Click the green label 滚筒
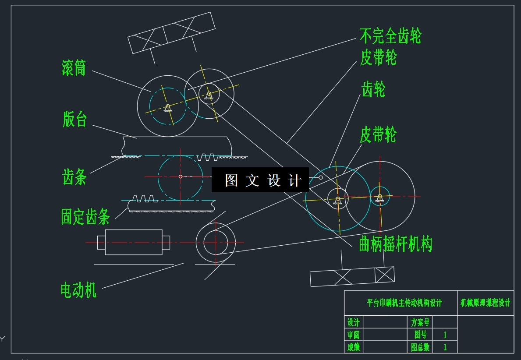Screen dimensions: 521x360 pos(74,68)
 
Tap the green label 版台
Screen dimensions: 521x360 pos(75,119)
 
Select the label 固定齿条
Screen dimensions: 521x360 pos(85,217)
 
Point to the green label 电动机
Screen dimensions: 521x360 pos(78,290)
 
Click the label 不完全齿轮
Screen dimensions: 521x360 pos(390,36)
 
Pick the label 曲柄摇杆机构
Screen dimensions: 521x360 pos(395,244)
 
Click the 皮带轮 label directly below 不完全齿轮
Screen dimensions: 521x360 pos(378,57)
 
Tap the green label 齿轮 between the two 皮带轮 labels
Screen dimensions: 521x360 pos(373,89)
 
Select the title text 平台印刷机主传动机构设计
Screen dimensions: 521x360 pos(404,303)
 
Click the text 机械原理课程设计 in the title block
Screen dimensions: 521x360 pos(486,303)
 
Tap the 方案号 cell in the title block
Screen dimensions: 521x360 pos(420,322)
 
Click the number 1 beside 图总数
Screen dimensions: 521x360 pos(445,347)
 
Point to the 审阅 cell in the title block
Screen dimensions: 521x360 pos(353,335)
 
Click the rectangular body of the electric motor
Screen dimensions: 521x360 pos(134,242)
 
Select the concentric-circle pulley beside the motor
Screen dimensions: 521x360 pos(216,242)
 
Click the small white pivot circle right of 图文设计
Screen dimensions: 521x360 pos(321,177)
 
